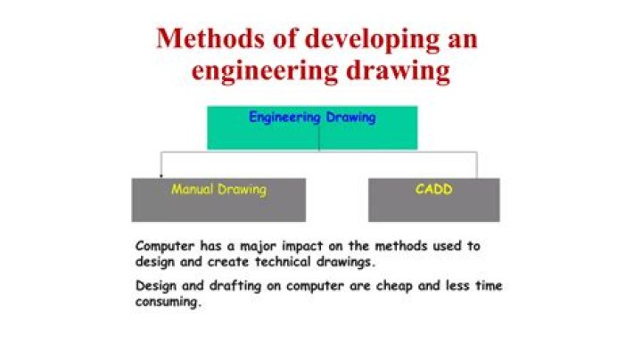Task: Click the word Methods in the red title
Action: tap(210, 38)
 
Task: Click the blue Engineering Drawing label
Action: tap(312, 118)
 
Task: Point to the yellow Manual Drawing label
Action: tap(218, 190)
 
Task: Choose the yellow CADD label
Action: tap(433, 190)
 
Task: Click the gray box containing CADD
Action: tap(434, 200)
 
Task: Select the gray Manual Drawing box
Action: tap(218, 200)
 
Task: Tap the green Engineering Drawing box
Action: tap(312, 128)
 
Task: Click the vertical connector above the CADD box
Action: tap(477, 165)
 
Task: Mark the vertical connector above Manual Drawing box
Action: tap(160, 165)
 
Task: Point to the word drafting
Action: tap(235, 286)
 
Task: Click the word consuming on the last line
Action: tap(168, 302)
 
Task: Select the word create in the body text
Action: tap(228, 262)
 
